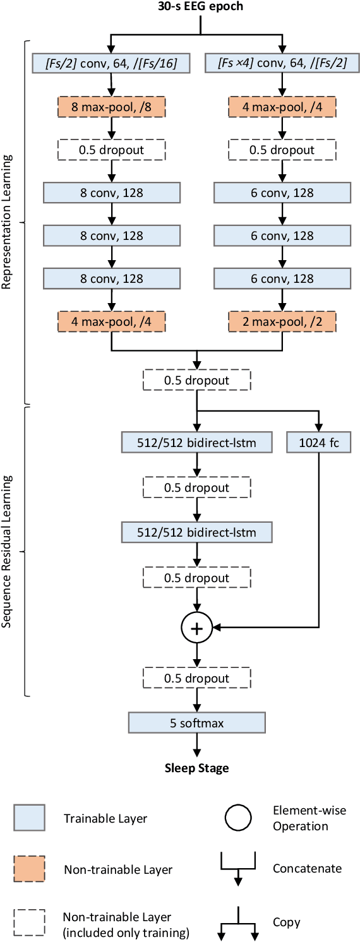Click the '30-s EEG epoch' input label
click(x=200, y=8)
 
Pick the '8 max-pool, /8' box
click(x=111, y=107)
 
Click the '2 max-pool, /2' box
click(x=282, y=321)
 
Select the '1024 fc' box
click(x=318, y=443)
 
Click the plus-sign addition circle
click(x=197, y=628)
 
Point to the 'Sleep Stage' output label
click(x=197, y=768)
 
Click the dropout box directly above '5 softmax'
click(x=197, y=679)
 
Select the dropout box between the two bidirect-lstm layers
click(x=197, y=488)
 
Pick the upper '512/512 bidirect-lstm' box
click(x=197, y=443)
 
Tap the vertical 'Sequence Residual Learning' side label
click(x=8, y=551)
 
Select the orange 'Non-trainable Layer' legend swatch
click(x=29, y=869)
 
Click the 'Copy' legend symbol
click(x=239, y=922)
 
